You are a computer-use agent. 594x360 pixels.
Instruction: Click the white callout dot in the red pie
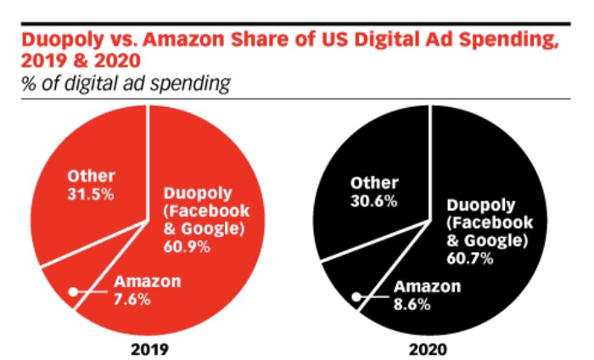[74, 291]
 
